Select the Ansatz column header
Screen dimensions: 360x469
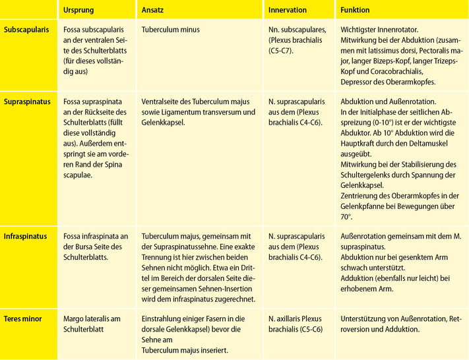(154, 11)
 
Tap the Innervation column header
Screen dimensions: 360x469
(288, 11)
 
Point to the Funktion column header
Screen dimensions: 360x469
(355, 11)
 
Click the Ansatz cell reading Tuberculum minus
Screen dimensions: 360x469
(171, 30)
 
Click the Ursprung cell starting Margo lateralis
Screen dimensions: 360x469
(92, 319)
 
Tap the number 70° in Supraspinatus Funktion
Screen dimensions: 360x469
(346, 216)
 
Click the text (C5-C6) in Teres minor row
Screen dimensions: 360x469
(307, 329)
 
